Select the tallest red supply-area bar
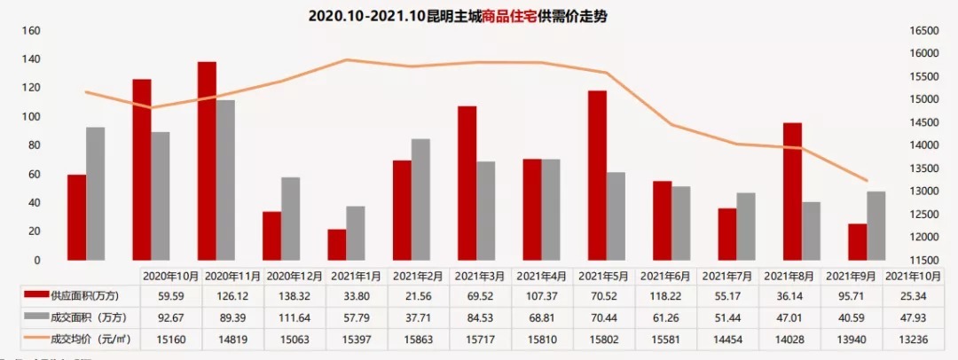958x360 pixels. [207, 160]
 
